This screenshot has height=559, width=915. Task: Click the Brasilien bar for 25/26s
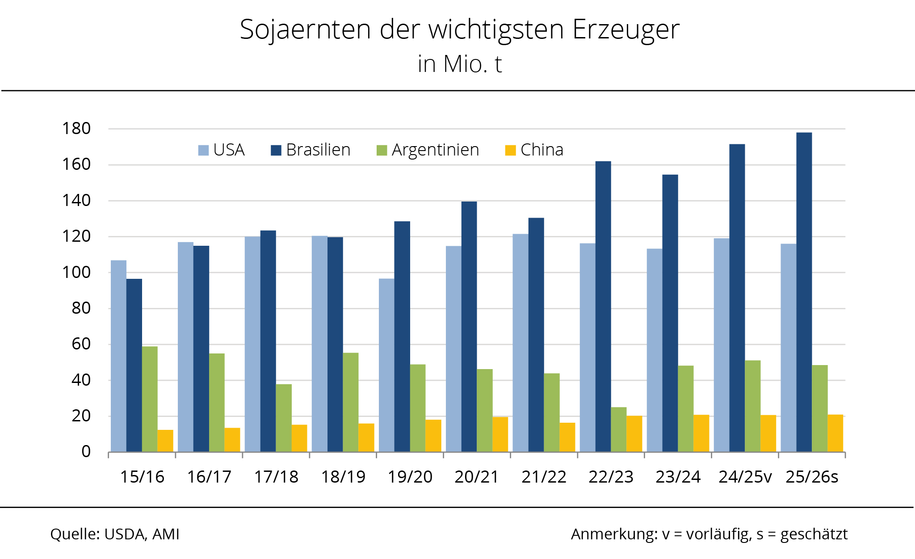coord(804,292)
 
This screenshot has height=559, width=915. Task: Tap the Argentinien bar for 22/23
coord(618,429)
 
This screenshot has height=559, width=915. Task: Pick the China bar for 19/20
coord(433,436)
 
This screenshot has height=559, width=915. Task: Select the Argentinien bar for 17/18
coord(284,418)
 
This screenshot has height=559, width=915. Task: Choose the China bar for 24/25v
coord(768,433)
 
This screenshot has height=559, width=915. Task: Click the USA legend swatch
coord(203,150)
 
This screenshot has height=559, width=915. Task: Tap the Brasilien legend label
coord(318,150)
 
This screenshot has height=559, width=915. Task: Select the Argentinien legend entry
coord(428,150)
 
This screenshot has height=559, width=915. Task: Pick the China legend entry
coord(534,150)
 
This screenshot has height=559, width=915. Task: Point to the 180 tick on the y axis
coord(76,129)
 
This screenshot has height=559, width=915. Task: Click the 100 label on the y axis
coord(76,272)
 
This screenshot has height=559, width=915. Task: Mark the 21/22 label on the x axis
coord(544,477)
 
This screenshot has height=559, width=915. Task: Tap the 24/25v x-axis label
coord(745,477)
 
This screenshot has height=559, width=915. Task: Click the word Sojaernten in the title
coord(305,29)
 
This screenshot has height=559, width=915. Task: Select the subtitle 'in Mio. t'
coord(460,64)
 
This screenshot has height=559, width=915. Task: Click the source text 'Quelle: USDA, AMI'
coord(115,534)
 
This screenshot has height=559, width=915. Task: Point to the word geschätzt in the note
coord(814,534)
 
